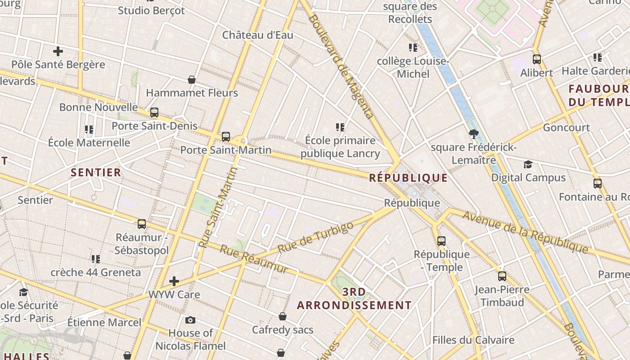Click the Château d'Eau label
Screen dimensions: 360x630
[x=257, y=35]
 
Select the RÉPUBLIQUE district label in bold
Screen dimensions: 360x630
[x=408, y=178]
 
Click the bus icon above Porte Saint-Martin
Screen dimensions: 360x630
[x=226, y=136]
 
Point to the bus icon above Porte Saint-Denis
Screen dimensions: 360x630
[x=154, y=112]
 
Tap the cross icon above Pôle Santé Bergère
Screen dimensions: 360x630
[x=58, y=51]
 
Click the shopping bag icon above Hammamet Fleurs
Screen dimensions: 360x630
[x=192, y=80]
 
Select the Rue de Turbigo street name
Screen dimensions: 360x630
[x=315, y=237]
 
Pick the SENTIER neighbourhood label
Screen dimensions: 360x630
[x=96, y=172]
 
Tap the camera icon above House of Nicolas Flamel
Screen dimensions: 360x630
[x=190, y=320]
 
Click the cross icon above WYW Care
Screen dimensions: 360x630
[x=174, y=282]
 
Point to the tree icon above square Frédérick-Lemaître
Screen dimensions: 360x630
[x=473, y=134]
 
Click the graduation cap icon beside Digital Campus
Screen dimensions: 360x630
[x=528, y=165]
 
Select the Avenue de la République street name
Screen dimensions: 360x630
[x=525, y=232]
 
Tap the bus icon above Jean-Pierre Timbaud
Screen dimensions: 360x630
[x=502, y=276]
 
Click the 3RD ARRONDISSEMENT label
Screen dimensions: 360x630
[x=354, y=299]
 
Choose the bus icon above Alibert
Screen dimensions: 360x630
[x=536, y=59]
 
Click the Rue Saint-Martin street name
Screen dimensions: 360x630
[x=218, y=207]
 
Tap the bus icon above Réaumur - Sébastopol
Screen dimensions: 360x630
[x=142, y=224]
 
